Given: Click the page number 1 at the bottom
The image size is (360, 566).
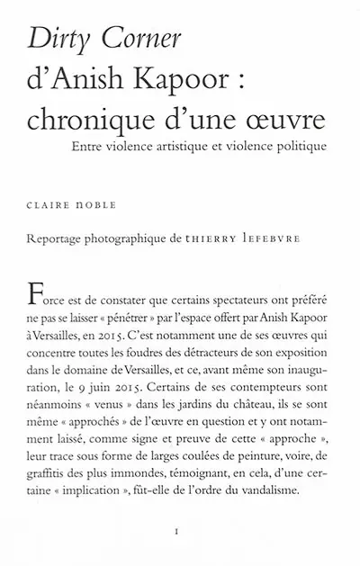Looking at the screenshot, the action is click(x=181, y=532).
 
